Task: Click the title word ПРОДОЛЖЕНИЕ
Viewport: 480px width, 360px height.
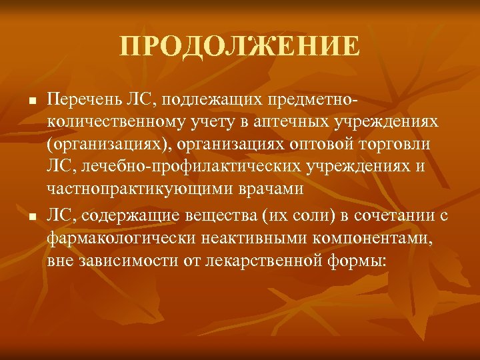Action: point(240,47)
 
